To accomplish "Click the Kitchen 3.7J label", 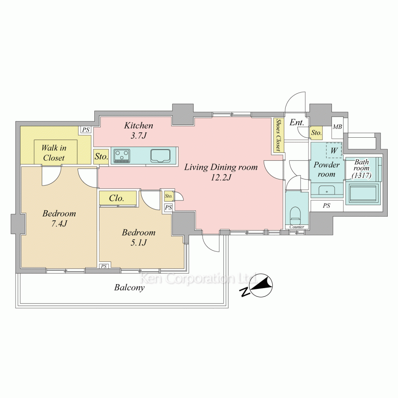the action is pos(139,131).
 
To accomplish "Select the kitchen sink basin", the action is pos(160,156).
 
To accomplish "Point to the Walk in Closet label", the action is pos(54,153).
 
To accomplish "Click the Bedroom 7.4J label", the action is pos(59,218).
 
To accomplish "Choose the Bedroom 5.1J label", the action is pos(139,237).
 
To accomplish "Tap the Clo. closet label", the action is pos(117,198).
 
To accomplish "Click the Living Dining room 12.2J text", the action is pos(220,172).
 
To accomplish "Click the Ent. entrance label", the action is pos(297,123).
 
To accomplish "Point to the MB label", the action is pos(338,127).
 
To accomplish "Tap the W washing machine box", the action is pos(334,150).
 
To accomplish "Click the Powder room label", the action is pos(326,170).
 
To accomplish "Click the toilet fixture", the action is pos(295,215).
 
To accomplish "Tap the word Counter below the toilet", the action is pos(297,227).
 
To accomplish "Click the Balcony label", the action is pos(129,288).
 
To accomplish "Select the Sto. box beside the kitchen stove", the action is pos(101,156).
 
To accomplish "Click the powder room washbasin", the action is pos(327,189).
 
